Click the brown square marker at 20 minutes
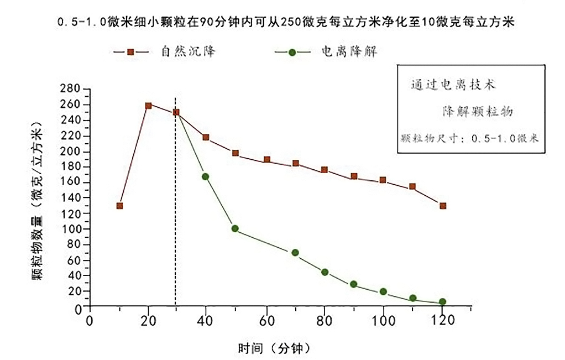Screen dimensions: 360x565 click(x=148, y=106)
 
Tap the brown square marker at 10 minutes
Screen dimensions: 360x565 click(x=119, y=206)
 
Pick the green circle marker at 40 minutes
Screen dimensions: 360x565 click(x=206, y=176)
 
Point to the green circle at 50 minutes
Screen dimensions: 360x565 click(x=235, y=228)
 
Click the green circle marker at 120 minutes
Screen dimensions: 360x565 click(x=442, y=302)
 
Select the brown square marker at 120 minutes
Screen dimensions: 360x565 click(x=442, y=206)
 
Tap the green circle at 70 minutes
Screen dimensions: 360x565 click(x=295, y=253)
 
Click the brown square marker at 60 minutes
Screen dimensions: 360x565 click(x=266, y=160)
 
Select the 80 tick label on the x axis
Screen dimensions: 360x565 click(x=325, y=321)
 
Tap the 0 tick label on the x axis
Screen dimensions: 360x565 click(x=90, y=321)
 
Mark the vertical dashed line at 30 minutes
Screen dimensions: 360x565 click(x=175, y=221)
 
